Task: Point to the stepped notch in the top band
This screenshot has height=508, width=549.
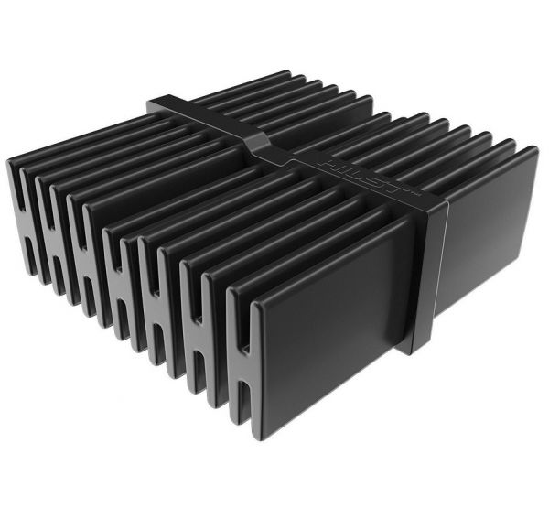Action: click(258, 144)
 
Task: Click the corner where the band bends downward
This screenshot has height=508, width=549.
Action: click(434, 203)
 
